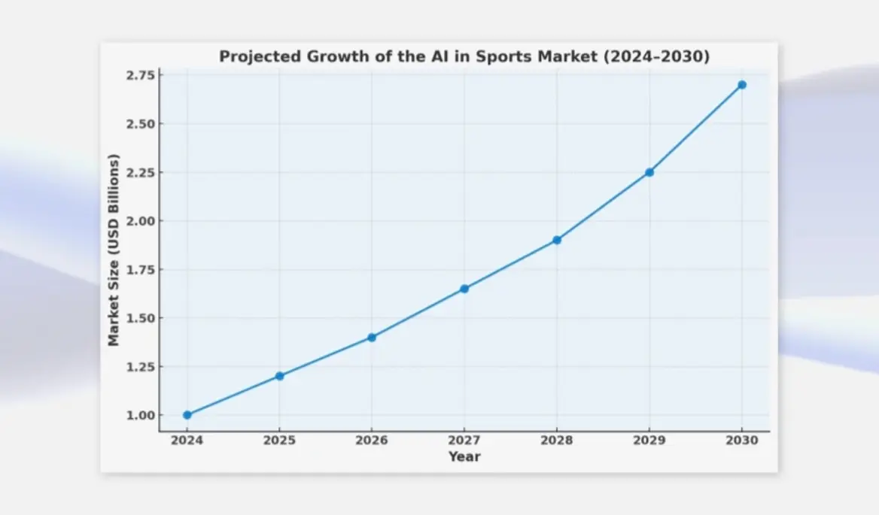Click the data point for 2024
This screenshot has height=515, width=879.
[187, 415]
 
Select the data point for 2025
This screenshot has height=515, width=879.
[279, 376]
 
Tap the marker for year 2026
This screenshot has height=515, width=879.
[372, 338]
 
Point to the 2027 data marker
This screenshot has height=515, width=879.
[464, 289]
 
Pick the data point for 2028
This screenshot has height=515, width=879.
[557, 240]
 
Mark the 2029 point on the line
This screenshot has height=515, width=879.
[649, 172]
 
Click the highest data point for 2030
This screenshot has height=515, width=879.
[742, 85]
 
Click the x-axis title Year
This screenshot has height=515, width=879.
[464, 456]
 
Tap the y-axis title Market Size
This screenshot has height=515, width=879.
[114, 250]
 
